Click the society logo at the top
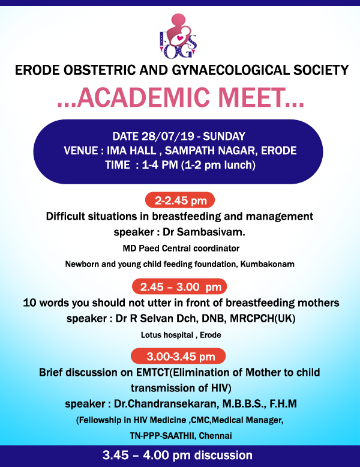pos(180,35)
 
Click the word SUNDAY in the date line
pos(223,135)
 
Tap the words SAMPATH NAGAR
pos(209,150)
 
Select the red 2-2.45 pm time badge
pos(180,200)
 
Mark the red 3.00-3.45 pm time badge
pos(180,357)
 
